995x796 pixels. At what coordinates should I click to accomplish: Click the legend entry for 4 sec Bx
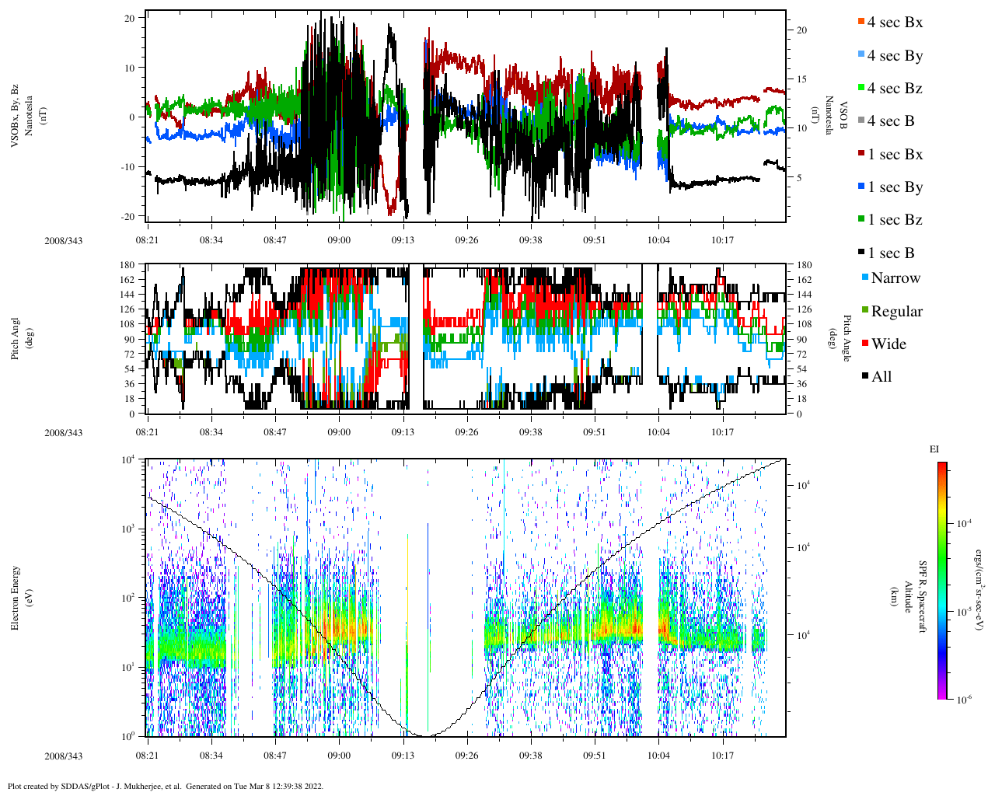click(x=894, y=23)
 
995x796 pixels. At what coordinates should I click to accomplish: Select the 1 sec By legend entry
click(x=894, y=187)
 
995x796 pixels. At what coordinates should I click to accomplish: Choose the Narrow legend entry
click(x=895, y=278)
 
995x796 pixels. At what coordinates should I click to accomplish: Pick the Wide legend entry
click(x=888, y=344)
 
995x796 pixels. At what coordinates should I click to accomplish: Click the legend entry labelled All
click(x=881, y=377)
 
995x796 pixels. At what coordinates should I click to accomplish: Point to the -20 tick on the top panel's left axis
click(x=129, y=216)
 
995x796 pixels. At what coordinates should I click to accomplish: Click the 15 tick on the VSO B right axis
click(x=801, y=79)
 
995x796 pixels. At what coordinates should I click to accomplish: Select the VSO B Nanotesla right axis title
click(x=836, y=117)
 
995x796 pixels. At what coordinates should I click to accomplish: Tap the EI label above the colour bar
click(x=934, y=449)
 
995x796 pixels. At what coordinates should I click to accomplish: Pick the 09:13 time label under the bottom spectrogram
click(x=403, y=756)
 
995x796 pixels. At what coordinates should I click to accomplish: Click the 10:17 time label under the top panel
click(x=722, y=240)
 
